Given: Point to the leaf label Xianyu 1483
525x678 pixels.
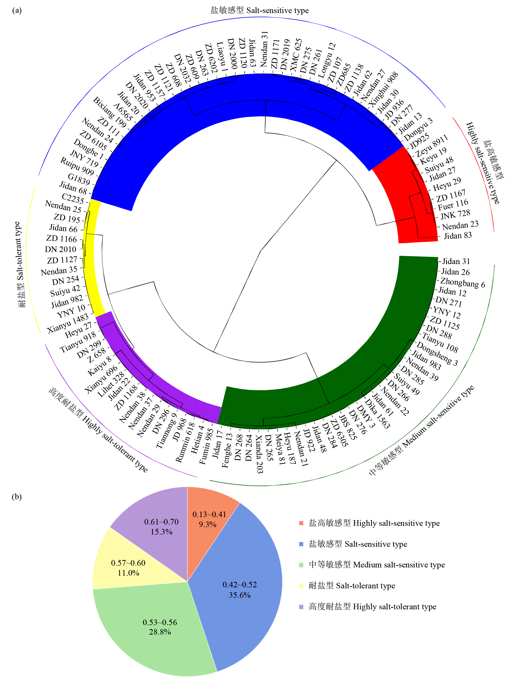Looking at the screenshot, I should [68, 324].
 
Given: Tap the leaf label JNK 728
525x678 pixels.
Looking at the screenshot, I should [455, 215].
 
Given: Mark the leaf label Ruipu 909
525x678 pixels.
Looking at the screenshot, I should [77, 166].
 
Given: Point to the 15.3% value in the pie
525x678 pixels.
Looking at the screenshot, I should [161, 532].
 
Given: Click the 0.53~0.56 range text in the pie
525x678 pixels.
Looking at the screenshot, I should [160, 622].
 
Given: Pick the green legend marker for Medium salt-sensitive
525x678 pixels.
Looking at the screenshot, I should [301, 565].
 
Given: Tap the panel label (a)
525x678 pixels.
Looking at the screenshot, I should [17, 10].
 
